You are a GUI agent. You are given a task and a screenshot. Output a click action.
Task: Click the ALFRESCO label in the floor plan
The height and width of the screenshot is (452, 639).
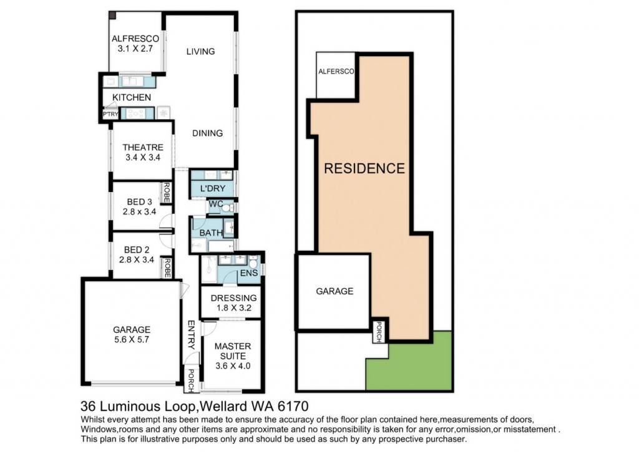(x=135, y=39)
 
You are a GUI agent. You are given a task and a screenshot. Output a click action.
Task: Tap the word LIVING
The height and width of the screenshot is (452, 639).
(x=200, y=51)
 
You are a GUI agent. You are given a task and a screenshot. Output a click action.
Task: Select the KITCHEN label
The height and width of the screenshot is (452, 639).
(x=132, y=97)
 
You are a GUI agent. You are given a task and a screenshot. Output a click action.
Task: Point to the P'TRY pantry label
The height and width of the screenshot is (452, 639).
(x=110, y=115)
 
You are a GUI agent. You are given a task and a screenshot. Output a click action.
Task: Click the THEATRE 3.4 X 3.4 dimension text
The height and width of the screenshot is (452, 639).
(x=143, y=158)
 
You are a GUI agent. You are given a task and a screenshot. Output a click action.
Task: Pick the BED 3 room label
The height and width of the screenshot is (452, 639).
(x=139, y=201)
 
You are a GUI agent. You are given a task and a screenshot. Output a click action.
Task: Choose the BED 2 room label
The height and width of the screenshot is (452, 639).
(x=137, y=249)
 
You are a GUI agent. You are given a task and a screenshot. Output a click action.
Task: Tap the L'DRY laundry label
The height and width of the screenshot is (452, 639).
(x=213, y=188)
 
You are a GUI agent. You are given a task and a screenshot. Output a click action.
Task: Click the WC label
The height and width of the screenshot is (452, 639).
(x=215, y=204)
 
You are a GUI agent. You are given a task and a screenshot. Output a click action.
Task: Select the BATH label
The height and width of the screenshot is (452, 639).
(x=211, y=233)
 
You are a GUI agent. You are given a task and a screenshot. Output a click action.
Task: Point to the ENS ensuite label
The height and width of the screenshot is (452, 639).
(x=249, y=273)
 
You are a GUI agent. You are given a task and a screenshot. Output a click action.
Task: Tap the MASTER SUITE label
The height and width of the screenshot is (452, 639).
(x=233, y=351)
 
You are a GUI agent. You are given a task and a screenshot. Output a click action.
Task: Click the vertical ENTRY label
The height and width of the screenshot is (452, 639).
(x=191, y=335)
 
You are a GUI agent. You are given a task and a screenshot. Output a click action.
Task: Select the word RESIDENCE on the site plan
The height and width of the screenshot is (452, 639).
(x=364, y=168)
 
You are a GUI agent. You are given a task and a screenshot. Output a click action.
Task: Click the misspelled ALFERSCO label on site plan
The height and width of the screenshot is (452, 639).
(x=336, y=71)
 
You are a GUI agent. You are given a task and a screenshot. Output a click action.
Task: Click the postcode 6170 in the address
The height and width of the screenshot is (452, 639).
(x=293, y=406)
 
